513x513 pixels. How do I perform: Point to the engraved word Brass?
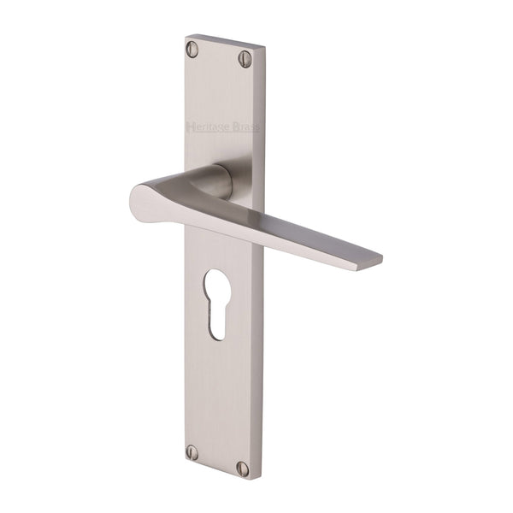[x=248, y=128]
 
